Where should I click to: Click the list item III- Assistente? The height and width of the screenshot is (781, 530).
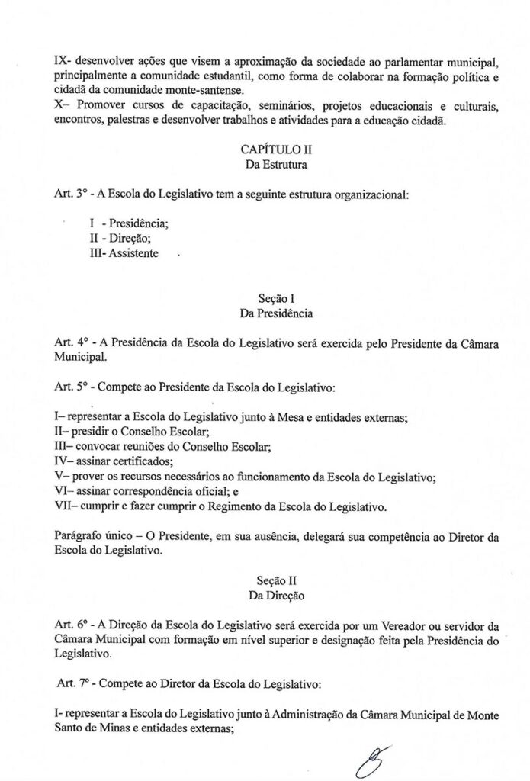click(x=124, y=253)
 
